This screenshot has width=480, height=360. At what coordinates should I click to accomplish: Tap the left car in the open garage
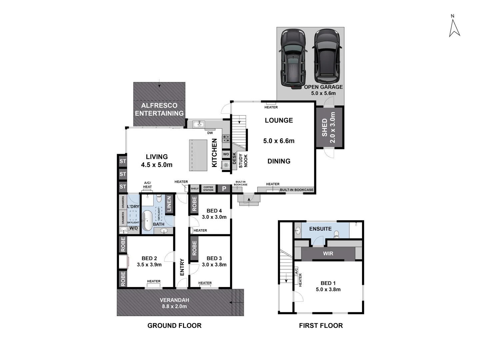coord(293,58)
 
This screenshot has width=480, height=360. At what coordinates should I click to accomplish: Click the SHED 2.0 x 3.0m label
coord(329,127)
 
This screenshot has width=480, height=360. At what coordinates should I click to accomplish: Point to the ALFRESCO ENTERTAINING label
coord(159,109)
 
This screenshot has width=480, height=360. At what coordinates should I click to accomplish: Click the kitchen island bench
coord(198,155)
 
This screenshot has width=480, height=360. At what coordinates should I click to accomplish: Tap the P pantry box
coord(224,189)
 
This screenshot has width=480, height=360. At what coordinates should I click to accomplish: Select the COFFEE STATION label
coord(208,189)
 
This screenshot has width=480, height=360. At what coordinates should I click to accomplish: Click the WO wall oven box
coord(226,154)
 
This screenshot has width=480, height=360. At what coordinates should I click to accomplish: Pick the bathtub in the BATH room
coord(147,220)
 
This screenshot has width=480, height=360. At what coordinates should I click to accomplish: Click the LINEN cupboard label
coord(169,204)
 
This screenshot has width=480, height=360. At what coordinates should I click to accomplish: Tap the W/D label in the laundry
coord(133,228)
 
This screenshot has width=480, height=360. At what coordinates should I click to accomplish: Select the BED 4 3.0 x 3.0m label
coord(214,214)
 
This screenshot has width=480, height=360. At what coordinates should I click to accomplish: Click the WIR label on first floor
coord(328,254)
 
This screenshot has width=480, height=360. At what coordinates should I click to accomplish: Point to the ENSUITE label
coord(320,229)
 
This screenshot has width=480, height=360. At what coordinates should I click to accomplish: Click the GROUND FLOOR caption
coord(174,326)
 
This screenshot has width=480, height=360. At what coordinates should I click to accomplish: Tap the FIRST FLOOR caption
coord(321,326)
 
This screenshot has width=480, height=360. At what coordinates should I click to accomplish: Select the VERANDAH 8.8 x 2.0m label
coord(174,303)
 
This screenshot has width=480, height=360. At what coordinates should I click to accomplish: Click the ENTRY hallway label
coord(182,267)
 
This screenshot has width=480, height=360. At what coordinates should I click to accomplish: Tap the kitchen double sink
coord(199,124)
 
